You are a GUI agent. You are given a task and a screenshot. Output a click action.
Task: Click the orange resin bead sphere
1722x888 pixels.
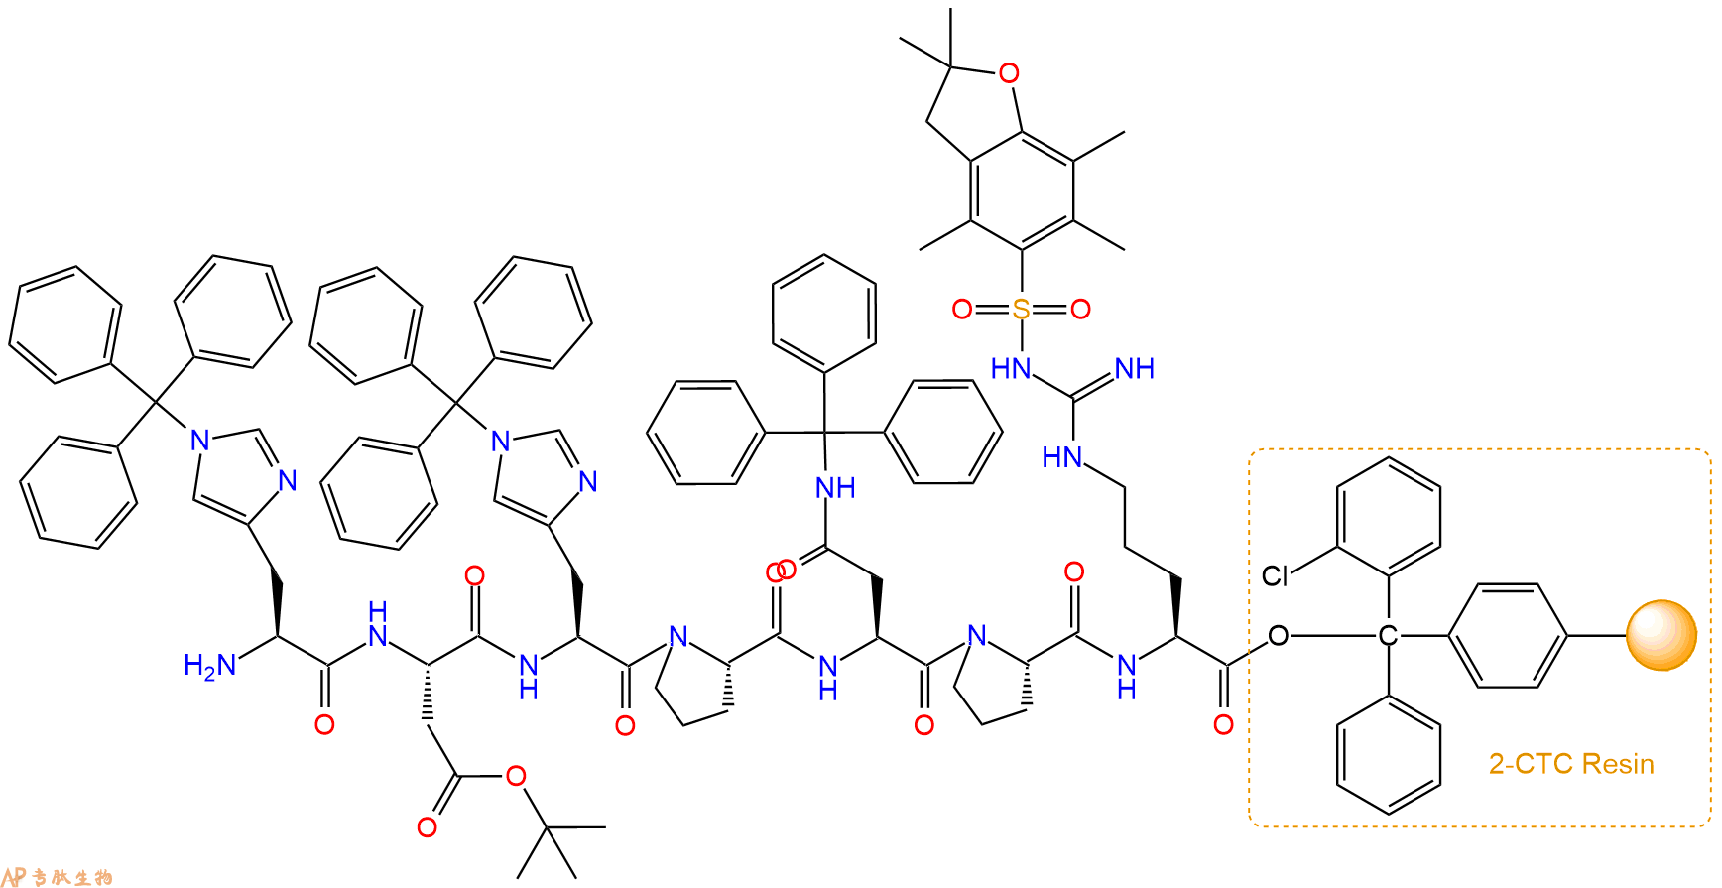point(1661,636)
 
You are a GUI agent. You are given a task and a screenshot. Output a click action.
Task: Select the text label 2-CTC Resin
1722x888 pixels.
point(1571,764)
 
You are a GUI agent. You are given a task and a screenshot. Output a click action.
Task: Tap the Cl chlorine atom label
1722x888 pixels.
point(1275,575)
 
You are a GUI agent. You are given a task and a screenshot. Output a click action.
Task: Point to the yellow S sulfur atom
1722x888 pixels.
point(1021,310)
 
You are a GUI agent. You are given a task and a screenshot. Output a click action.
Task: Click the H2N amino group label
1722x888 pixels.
point(210,665)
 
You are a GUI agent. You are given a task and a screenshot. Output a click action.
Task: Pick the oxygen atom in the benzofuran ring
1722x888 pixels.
point(1009,72)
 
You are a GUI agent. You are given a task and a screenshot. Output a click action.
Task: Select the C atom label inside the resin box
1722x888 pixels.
point(1387,636)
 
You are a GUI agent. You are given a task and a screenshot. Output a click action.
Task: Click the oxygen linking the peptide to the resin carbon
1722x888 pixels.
point(1278,636)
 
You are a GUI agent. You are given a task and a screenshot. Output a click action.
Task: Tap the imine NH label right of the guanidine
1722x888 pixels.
point(1135,369)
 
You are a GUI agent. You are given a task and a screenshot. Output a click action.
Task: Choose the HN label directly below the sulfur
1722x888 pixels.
point(1011,369)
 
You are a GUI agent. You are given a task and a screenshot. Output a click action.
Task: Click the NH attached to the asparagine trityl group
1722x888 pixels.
point(835,487)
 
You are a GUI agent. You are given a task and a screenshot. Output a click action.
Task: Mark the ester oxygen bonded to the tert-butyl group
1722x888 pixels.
point(515,776)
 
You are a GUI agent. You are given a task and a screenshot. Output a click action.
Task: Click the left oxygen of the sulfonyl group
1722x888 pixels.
point(961,310)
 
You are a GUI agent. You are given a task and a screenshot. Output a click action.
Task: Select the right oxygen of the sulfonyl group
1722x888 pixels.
point(1080,310)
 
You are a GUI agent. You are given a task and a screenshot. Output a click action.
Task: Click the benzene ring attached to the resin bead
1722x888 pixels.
point(1507,636)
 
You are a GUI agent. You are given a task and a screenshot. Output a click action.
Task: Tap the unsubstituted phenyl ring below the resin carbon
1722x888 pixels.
point(1389,754)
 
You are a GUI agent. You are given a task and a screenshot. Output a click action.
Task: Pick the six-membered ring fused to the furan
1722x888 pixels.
point(1022,190)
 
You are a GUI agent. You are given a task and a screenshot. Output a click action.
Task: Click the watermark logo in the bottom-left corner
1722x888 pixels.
point(58,877)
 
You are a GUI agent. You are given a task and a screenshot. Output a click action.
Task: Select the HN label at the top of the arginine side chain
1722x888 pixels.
point(1062,457)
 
